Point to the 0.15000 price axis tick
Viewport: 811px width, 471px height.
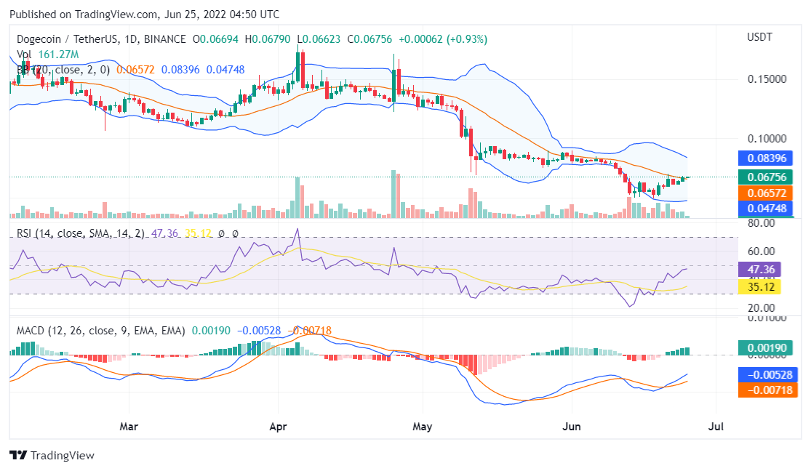(767, 78)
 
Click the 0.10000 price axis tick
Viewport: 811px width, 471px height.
(767, 138)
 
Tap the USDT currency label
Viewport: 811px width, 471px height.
(759, 37)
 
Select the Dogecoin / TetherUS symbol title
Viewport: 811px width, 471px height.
(63, 39)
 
